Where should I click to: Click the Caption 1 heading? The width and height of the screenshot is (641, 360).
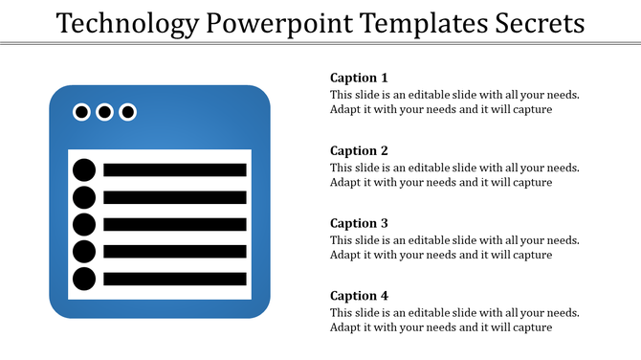coord(360,78)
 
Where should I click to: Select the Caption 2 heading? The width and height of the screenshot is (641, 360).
coord(360,150)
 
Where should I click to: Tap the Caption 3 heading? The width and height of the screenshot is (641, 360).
coord(360,223)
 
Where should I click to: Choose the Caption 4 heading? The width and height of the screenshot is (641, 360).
coord(360,296)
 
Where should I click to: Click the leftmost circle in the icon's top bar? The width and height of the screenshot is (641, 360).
coord(82,112)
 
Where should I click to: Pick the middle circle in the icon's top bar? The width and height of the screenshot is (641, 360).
coord(104,112)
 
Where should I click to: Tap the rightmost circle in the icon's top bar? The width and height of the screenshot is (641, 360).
coord(127,112)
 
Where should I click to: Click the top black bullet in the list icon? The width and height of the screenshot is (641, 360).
coord(84,170)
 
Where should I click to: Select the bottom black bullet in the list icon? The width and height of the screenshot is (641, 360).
coord(84,280)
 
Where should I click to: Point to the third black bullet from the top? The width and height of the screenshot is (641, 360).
coord(84,225)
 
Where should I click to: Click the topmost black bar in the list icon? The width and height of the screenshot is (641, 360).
coord(174,170)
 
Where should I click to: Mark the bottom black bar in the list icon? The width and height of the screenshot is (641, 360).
coord(174,280)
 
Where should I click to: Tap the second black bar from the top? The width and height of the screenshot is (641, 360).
coord(174,197)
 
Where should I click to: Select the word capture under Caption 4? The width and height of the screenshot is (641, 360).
coord(532,327)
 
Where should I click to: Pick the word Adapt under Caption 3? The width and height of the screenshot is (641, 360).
coord(346,255)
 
